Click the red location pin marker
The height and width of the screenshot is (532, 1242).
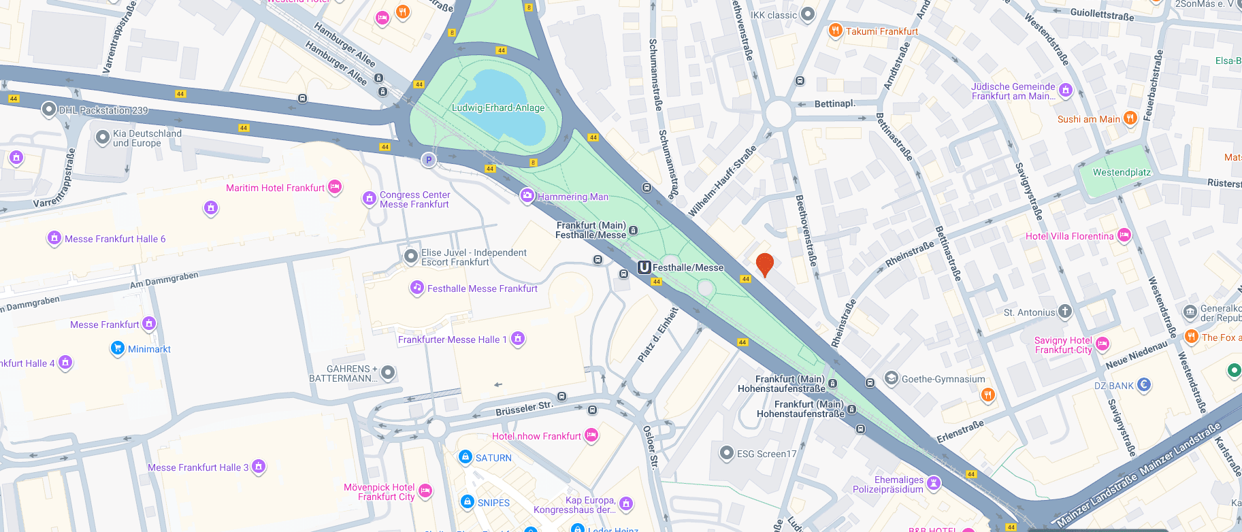pyautogui.click(x=765, y=263)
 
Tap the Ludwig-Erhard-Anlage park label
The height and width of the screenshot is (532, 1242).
pyautogui.click(x=498, y=107)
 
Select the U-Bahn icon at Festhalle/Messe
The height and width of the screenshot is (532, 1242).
pyautogui.click(x=644, y=267)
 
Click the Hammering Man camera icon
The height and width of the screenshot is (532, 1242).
pyautogui.click(x=527, y=196)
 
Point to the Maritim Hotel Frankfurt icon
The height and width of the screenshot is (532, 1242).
pyautogui.click(x=334, y=187)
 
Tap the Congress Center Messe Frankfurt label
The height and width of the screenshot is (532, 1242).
pyautogui.click(x=414, y=199)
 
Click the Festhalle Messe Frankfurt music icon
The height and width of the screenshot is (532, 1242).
pyautogui.click(x=416, y=288)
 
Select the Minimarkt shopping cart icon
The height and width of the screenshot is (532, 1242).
pyautogui.click(x=118, y=348)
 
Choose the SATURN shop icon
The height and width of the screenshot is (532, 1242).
pyautogui.click(x=465, y=457)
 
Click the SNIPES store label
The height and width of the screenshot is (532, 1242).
pyautogui.click(x=493, y=503)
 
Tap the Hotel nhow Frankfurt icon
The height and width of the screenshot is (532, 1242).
pyautogui.click(x=591, y=435)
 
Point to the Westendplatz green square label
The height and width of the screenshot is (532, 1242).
pyautogui.click(x=1122, y=172)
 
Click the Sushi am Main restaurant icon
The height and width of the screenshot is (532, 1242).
pyautogui.click(x=1130, y=118)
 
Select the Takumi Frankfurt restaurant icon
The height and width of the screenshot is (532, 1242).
pyautogui.click(x=835, y=31)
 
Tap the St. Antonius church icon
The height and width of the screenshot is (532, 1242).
pyautogui.click(x=1064, y=312)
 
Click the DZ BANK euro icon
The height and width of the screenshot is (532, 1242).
pyautogui.click(x=1144, y=385)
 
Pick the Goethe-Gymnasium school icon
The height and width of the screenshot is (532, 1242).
pyautogui.click(x=891, y=378)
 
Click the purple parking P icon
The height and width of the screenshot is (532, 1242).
pyautogui.click(x=428, y=160)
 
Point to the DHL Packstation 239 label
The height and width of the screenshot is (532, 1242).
pyautogui.click(x=103, y=110)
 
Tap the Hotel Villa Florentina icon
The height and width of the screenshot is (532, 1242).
pyautogui.click(x=1124, y=235)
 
